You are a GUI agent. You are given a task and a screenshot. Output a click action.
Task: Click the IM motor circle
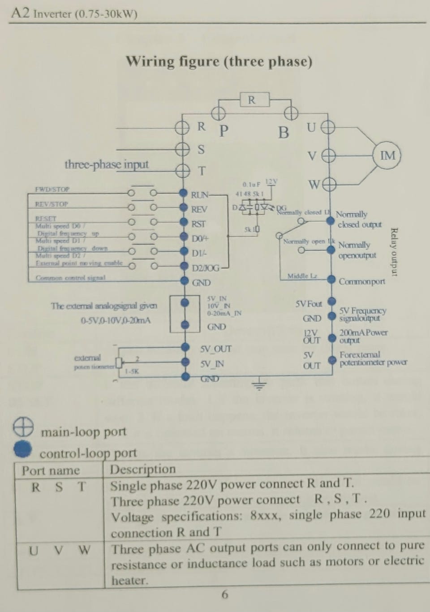(x=387, y=156)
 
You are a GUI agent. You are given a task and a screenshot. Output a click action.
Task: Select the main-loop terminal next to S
(x=182, y=149)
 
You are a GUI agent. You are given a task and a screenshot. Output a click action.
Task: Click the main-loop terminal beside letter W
(x=329, y=184)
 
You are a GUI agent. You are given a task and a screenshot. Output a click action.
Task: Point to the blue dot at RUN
(x=183, y=193)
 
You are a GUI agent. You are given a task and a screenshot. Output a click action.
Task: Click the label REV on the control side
(x=199, y=209)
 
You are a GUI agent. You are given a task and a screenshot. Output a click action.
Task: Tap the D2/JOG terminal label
(x=206, y=268)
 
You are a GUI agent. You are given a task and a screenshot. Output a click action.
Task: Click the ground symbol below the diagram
(x=259, y=384)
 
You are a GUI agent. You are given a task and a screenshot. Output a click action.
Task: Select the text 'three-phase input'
(x=106, y=164)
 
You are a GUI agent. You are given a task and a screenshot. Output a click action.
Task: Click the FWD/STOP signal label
(x=52, y=190)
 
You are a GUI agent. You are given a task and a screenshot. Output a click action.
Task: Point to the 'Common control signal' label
(x=70, y=278)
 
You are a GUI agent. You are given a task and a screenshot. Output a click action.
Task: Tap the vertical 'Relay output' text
(x=394, y=252)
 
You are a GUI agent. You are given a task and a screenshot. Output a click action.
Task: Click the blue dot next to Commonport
(x=331, y=280)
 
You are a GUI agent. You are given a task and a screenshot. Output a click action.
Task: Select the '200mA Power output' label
(x=363, y=336)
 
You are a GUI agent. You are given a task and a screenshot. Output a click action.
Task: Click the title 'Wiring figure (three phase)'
(x=219, y=61)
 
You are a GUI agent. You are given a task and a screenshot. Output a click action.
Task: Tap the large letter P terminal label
(x=224, y=131)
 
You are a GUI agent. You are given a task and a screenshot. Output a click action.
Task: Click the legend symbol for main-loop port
(x=23, y=427)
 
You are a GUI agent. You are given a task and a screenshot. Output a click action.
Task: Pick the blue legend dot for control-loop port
(x=23, y=449)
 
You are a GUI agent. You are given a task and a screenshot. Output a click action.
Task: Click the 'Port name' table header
(x=51, y=470)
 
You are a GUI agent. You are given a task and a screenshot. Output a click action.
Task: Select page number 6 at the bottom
(x=224, y=595)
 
